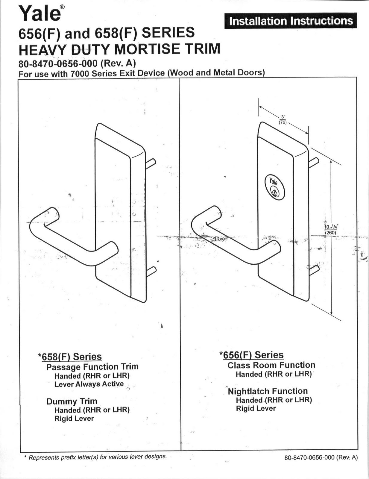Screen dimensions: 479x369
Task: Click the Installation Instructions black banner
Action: (x=291, y=21)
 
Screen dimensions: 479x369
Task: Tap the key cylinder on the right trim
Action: (x=274, y=188)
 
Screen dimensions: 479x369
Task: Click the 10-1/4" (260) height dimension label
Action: (x=331, y=230)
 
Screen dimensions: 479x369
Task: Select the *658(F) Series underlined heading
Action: (x=70, y=357)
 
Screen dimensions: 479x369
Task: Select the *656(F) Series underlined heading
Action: (x=251, y=355)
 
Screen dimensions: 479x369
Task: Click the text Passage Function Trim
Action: (x=92, y=367)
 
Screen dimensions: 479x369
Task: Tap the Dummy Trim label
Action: (x=72, y=401)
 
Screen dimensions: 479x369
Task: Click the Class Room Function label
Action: (x=271, y=365)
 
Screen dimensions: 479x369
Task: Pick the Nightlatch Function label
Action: (x=268, y=391)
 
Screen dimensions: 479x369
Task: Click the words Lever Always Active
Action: (x=89, y=384)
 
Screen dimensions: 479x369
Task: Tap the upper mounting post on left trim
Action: (x=151, y=164)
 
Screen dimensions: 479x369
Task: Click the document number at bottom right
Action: (x=321, y=457)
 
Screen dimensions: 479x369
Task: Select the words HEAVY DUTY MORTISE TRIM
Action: (x=119, y=49)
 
